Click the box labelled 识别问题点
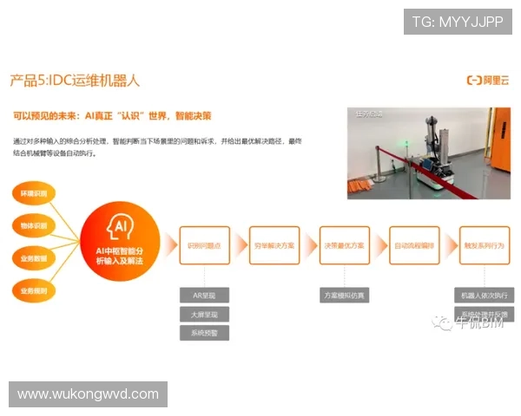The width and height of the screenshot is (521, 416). point(204,245)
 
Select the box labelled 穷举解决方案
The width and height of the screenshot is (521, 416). point(274,245)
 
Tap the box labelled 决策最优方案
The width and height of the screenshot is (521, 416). point(344,245)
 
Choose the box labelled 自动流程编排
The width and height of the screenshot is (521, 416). point(413,245)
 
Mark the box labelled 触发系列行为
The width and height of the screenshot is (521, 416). point(484,245)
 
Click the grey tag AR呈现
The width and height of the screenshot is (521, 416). point(204,295)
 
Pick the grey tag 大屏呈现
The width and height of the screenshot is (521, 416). point(204,314)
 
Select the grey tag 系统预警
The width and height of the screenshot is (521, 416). point(204,333)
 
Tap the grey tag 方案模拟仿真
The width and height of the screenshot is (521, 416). point(344,295)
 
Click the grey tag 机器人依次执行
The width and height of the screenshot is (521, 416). point(484,295)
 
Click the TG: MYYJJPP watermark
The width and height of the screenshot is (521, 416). point(458,22)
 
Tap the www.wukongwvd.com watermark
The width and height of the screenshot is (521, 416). point(89,394)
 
